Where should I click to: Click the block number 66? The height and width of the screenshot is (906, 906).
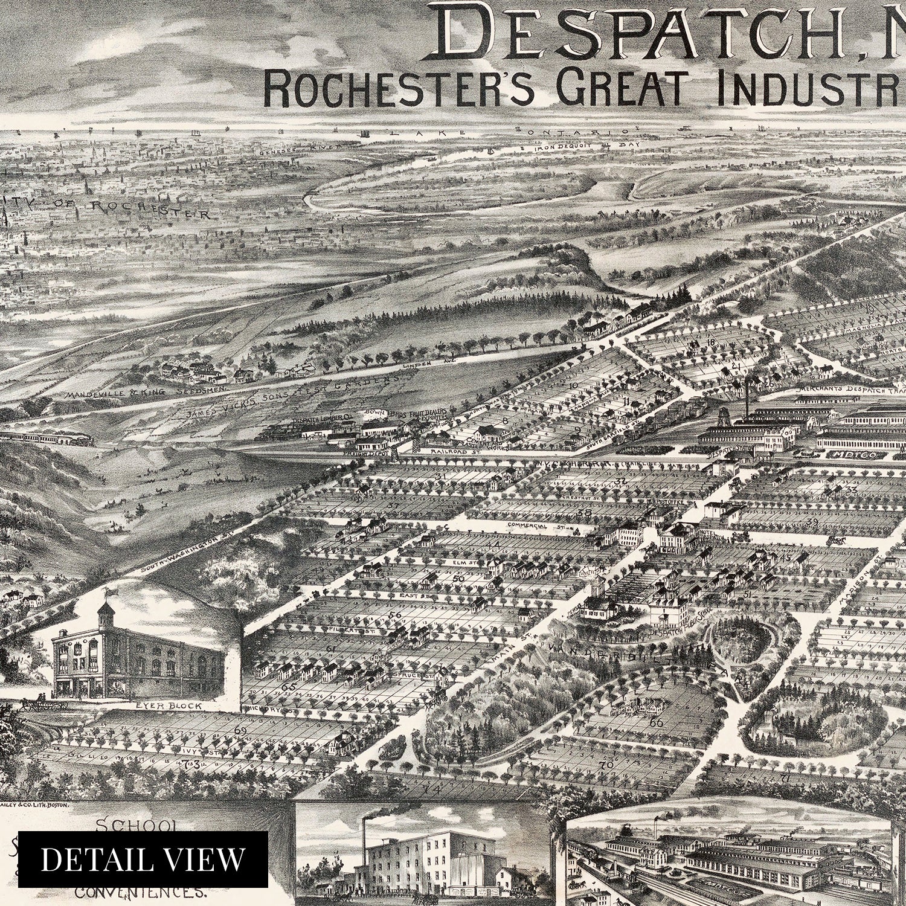[656, 722]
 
